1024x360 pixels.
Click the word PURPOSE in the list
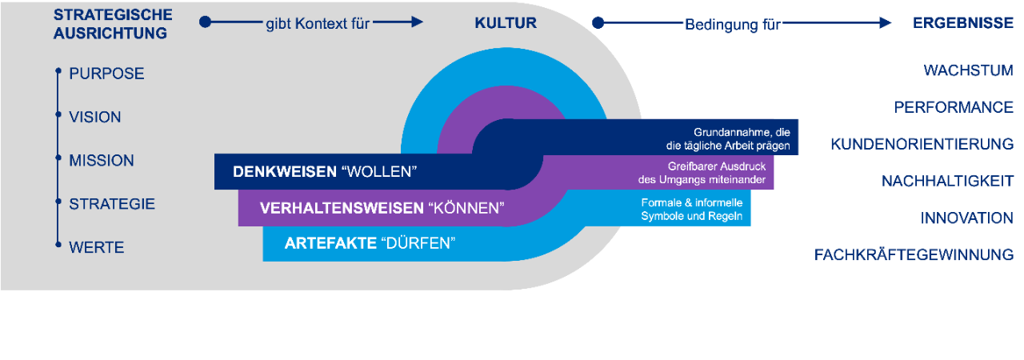pos(106,74)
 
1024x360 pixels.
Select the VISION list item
pos(95,117)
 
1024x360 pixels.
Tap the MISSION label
pos(102,161)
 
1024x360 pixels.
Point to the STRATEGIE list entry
pos(112,204)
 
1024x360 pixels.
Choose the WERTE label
pos(97,248)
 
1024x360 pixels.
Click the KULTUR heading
pos(506,23)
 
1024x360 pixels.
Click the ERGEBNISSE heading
pos(963,23)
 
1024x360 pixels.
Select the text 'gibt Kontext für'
pos(318,23)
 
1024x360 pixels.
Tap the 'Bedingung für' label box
pos(732,25)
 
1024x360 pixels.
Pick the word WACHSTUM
pos(968,70)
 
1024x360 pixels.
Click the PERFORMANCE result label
pos(954,107)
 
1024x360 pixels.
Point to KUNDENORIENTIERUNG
pos(922,144)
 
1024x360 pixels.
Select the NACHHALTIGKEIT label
pos(947,182)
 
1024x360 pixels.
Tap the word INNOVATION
pos(966,218)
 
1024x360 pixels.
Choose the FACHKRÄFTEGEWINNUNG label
pos(914,255)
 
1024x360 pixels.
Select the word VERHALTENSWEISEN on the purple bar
pos(342,209)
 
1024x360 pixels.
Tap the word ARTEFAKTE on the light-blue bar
pos(330,243)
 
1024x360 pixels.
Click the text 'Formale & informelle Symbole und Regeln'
pos(692,210)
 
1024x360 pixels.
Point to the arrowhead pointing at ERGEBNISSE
pos(885,23)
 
